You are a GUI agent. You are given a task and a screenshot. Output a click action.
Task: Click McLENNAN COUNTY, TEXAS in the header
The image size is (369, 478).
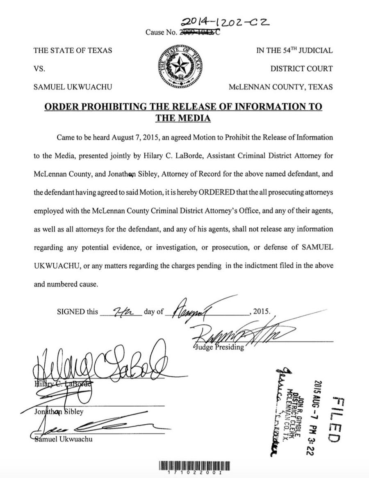click(x=281, y=87)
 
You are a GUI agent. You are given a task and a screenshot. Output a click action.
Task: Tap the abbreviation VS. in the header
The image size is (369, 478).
click(x=39, y=69)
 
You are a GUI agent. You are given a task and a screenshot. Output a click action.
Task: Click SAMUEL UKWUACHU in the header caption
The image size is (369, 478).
click(x=73, y=87)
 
